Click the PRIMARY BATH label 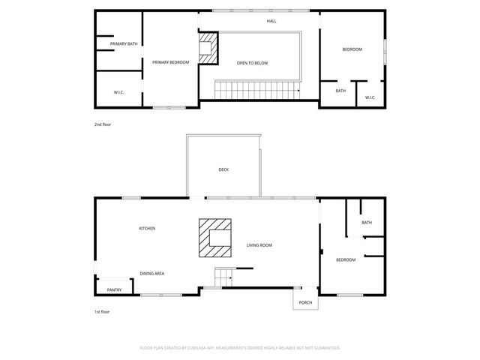123,44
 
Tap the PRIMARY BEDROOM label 170,62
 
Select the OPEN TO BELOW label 252,63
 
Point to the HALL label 271,21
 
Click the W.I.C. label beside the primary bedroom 118,92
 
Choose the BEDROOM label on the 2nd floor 352,49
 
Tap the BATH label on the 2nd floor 340,91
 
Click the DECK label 223,170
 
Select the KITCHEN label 147,228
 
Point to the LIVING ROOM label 259,245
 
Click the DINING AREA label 152,274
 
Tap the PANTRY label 114,289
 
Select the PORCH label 305,303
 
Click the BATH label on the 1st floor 366,223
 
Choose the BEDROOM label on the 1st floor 345,259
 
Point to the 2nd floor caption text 103,124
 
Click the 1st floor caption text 102,311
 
